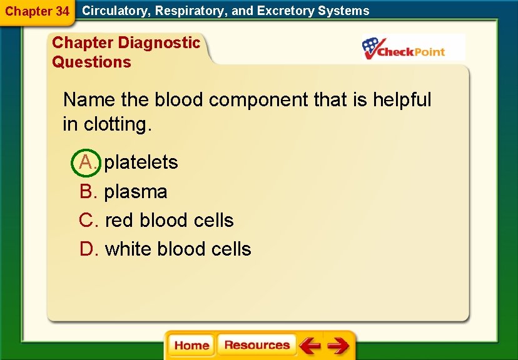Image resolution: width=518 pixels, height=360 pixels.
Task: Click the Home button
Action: [x=191, y=346]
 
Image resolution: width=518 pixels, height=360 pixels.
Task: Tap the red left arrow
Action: [x=309, y=346]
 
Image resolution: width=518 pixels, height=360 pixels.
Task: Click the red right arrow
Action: [x=338, y=346]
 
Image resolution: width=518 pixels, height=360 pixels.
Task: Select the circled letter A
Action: [x=87, y=162]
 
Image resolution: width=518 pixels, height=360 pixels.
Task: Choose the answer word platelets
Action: [x=141, y=162]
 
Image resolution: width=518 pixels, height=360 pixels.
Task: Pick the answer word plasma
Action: [x=136, y=192]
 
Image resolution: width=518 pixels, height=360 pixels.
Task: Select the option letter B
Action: [x=88, y=192]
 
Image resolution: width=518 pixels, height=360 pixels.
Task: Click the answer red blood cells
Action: [x=169, y=221]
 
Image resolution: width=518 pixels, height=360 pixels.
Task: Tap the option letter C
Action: [x=88, y=221]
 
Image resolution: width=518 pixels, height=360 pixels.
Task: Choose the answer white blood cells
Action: [x=178, y=249]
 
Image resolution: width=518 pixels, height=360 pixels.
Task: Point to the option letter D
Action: [x=88, y=249]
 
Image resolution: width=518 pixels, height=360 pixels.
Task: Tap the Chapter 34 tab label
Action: [x=37, y=11]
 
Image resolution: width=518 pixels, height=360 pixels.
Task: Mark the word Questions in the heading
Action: [x=91, y=62]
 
